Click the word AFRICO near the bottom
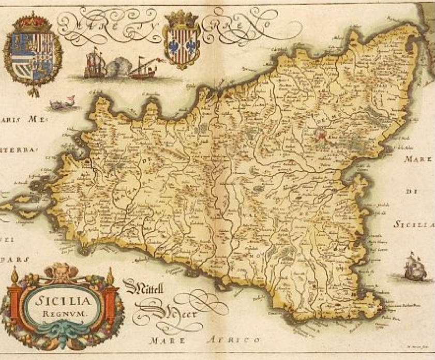pos(232,340)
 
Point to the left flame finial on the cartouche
pos(14,277)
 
